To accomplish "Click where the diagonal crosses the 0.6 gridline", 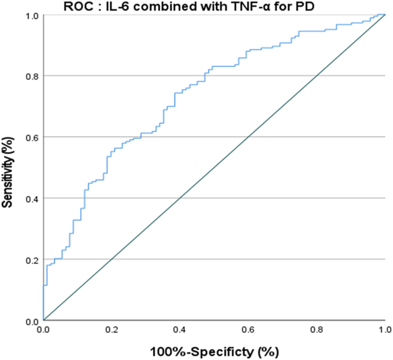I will click(x=249, y=137).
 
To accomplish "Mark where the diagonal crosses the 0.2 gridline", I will click(x=112, y=259).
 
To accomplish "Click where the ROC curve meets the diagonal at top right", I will click(x=385, y=15).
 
